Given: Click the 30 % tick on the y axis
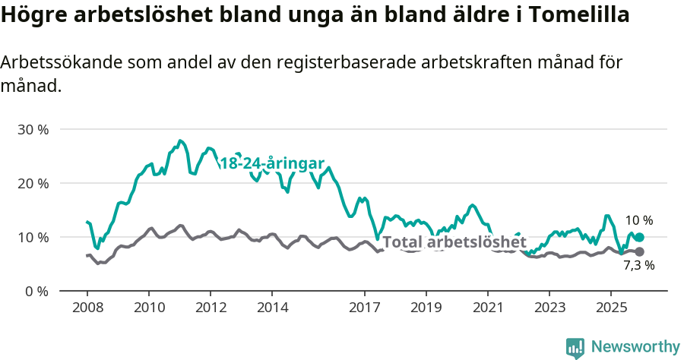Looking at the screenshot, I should (x=33, y=130).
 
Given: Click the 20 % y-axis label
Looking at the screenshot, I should (x=33, y=184).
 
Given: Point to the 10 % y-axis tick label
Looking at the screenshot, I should (x=33, y=238).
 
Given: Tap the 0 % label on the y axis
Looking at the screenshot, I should (x=36, y=292).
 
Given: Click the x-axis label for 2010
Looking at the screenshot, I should (x=148, y=308).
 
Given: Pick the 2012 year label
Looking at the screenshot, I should (x=211, y=308).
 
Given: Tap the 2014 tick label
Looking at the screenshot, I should (x=272, y=308).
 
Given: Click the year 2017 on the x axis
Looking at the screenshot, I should (x=364, y=308).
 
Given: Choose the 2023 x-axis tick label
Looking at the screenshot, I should (x=549, y=308).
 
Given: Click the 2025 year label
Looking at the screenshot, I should (x=611, y=308).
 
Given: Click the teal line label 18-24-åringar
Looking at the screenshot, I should (x=272, y=164).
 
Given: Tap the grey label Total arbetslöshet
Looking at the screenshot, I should (x=454, y=242).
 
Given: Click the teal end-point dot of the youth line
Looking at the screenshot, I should (x=639, y=238).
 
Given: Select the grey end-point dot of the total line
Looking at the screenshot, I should (x=639, y=251).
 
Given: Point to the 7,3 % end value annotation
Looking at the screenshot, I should (x=638, y=266).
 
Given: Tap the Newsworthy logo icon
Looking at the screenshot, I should (x=575, y=347).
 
